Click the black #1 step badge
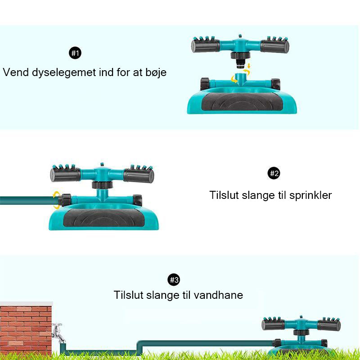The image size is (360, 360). pos(76,54)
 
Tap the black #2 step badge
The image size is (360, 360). pos(274,173)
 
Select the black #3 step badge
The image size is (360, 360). pos(174,280)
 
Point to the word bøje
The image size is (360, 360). pos(155,72)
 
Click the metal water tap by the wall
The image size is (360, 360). pos(57,333)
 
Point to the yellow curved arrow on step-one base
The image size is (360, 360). pos(234,80)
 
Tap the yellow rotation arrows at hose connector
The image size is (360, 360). pos(56,200)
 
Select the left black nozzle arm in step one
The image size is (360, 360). pos(205,45)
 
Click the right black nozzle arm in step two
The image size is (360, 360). pos(139,175)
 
